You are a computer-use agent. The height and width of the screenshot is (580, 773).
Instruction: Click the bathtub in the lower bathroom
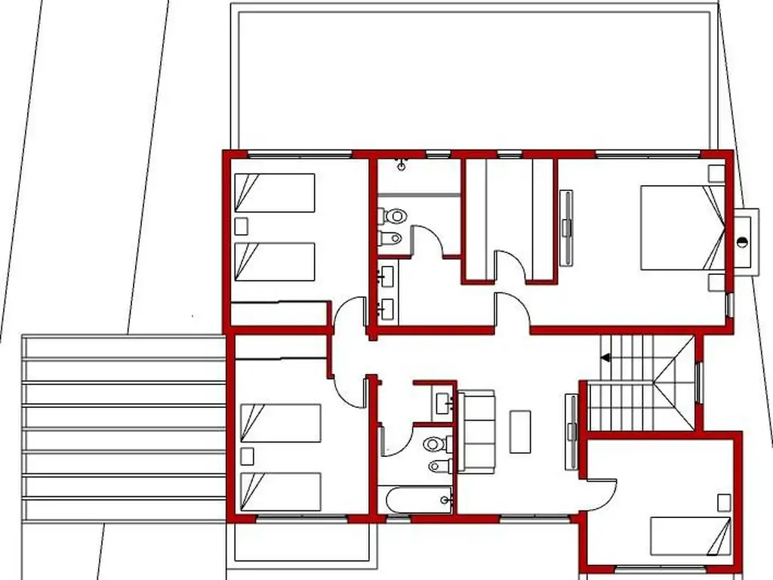(x=415, y=499)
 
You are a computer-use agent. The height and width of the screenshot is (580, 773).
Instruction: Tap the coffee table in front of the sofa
(x=520, y=430)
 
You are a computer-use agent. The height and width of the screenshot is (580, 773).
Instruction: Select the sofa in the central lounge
(x=476, y=431)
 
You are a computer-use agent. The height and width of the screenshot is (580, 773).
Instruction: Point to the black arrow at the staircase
(x=605, y=358)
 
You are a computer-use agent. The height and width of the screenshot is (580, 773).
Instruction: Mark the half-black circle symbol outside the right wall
(x=743, y=242)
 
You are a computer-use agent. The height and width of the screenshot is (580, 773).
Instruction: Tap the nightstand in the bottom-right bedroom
(x=724, y=503)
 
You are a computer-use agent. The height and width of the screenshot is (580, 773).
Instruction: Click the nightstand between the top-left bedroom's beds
(x=242, y=226)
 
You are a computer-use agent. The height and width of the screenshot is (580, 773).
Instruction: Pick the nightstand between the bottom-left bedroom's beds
(x=246, y=456)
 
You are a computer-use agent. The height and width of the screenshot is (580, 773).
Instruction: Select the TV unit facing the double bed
(x=566, y=227)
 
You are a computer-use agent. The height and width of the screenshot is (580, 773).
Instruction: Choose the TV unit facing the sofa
(x=571, y=430)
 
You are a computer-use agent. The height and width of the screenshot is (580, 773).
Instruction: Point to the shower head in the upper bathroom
(x=401, y=162)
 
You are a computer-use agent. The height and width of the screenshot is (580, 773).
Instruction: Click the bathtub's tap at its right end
(x=448, y=498)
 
